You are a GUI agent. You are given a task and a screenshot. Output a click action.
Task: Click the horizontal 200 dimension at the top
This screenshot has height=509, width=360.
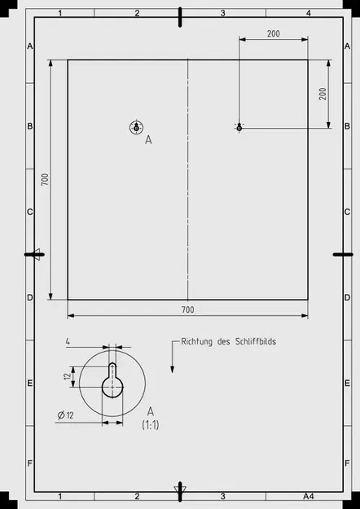[x=273, y=33]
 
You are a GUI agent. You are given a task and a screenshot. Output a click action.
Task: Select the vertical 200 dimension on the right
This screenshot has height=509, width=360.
[x=323, y=93]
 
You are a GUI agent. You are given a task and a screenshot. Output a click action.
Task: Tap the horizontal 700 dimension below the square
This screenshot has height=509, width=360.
[x=187, y=310]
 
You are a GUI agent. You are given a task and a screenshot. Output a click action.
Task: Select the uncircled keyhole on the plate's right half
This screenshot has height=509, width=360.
[x=239, y=127]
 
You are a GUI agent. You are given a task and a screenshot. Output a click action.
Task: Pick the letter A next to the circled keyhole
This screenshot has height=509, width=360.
[x=148, y=140]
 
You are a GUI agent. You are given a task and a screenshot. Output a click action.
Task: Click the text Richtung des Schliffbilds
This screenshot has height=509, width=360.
[x=228, y=342]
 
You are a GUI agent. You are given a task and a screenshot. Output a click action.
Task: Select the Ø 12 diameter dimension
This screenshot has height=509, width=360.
[x=66, y=415]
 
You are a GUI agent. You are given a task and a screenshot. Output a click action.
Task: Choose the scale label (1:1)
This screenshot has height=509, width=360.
[x=151, y=425]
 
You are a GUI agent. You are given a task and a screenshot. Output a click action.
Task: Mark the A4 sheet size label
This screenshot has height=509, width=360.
[x=308, y=496]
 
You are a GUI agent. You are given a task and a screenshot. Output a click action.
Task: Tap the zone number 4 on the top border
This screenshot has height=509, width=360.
[x=308, y=14]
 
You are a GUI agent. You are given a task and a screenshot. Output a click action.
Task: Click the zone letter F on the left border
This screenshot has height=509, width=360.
[x=29, y=463]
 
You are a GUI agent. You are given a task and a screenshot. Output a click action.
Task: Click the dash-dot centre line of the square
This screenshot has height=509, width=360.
[x=188, y=179]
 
